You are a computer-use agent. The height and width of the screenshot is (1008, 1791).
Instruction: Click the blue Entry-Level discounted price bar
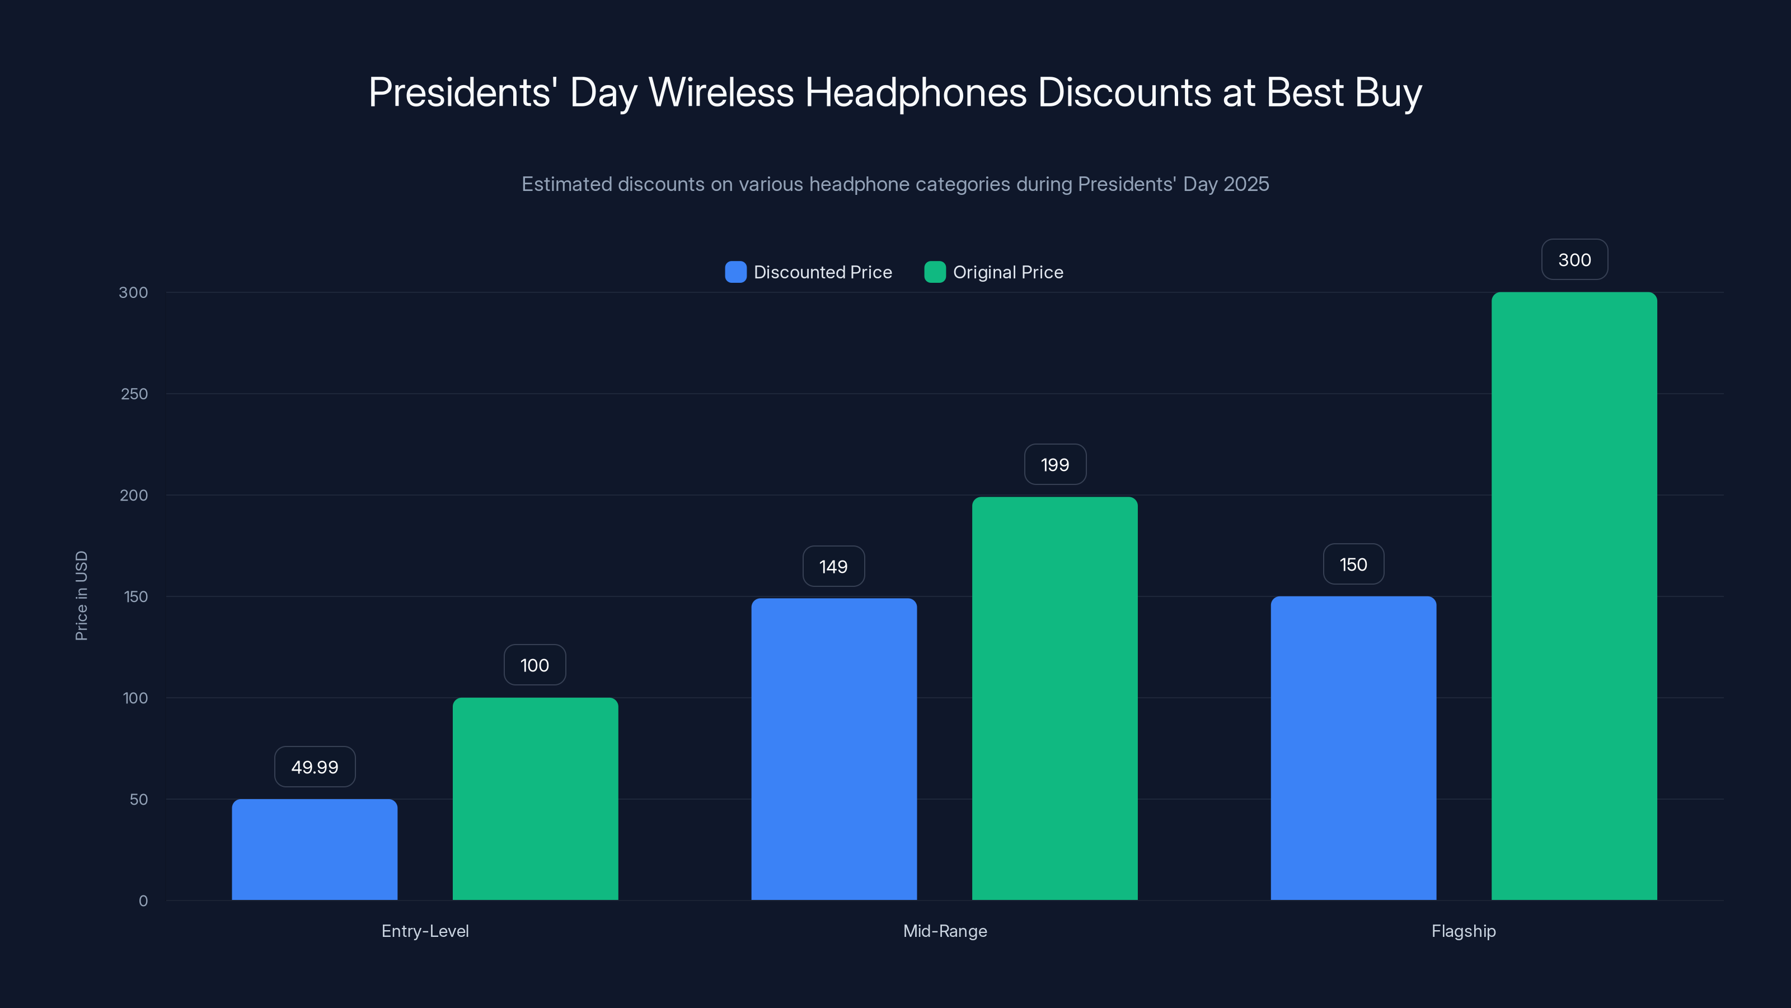point(314,850)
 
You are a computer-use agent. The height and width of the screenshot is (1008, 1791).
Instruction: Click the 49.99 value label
point(314,767)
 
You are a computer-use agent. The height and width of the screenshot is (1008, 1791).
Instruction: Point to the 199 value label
point(1054,464)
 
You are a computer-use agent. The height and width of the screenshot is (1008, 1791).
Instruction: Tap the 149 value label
point(833,566)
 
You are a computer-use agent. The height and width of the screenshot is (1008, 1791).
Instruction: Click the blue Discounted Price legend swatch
point(735,272)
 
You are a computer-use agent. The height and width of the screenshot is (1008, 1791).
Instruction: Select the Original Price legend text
point(1007,272)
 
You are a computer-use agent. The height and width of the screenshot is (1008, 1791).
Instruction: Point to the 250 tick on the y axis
point(134,394)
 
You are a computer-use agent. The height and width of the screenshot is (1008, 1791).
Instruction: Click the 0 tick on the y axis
point(143,901)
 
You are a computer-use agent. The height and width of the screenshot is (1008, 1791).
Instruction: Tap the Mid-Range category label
point(944,931)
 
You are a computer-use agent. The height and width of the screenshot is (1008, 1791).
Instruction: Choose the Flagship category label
point(1463,931)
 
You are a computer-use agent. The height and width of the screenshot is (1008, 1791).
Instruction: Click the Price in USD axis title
point(81,595)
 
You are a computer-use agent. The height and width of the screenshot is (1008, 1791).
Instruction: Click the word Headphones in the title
point(915,92)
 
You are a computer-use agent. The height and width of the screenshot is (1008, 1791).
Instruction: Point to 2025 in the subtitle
point(1246,184)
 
